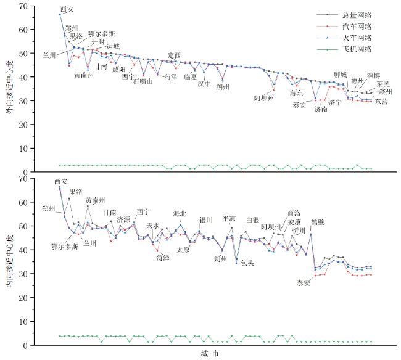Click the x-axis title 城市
pos(208,354)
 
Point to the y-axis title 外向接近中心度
pos(8,89)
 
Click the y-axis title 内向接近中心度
pos(8,261)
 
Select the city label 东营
pos(381,102)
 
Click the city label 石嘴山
pos(143,81)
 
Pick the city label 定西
pos(175,55)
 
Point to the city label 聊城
pos(340,74)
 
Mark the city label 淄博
pos(374,75)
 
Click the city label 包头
pos(247,263)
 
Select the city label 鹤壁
pos(318,221)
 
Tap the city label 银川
pos(206,220)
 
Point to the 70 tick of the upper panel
pos(31,6)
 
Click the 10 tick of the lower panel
pos(31,321)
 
